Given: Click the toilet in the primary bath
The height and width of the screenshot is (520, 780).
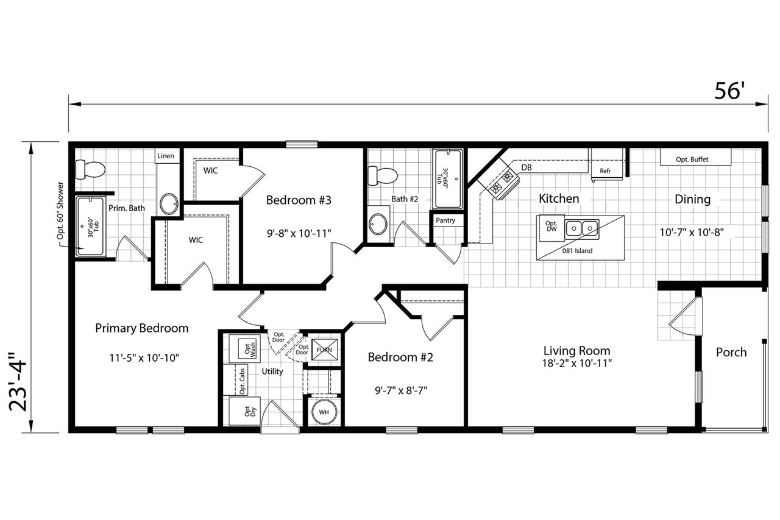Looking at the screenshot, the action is [90, 170].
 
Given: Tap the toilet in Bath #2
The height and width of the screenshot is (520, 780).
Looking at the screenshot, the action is [383, 176].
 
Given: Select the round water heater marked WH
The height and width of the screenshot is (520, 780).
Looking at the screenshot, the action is [324, 412].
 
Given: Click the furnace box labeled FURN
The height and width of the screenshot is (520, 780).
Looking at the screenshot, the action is [325, 350].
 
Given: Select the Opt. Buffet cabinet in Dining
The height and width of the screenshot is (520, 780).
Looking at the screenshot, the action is [695, 157].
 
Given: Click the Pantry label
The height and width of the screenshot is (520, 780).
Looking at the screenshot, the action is [445, 220].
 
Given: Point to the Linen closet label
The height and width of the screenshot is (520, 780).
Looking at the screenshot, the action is [166, 156].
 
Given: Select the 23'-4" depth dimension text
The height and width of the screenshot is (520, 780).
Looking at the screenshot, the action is [18, 382].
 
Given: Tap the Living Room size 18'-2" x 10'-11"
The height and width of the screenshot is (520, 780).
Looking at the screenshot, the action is [576, 364].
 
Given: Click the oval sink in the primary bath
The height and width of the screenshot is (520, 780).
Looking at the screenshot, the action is [169, 203].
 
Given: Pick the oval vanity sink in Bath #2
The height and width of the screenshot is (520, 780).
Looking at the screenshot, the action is [378, 224].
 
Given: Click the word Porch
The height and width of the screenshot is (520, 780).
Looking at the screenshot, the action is [731, 353].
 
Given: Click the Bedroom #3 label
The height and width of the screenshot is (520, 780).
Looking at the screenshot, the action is [299, 200].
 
